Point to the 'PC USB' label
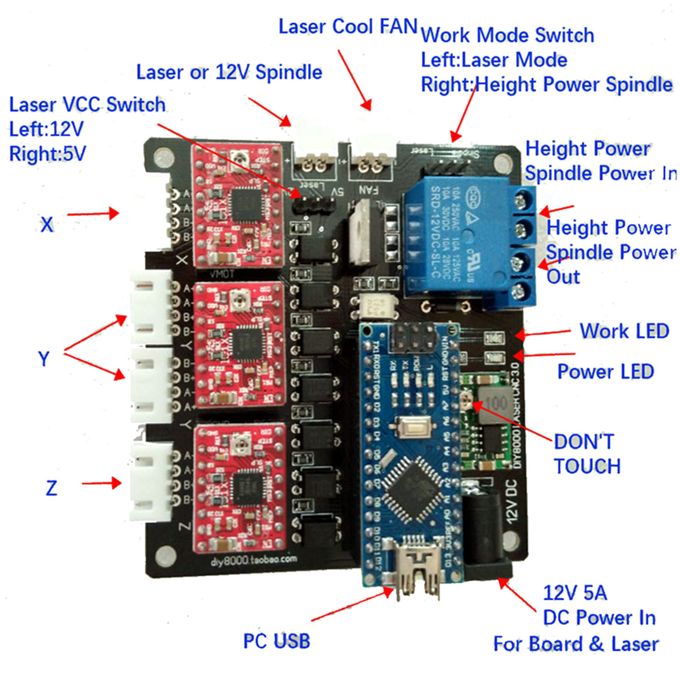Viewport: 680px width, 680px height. [x=277, y=641]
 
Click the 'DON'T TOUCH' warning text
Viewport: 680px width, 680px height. [x=586, y=454]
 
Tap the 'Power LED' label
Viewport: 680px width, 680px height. [x=605, y=372]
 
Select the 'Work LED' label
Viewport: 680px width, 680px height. [x=624, y=331]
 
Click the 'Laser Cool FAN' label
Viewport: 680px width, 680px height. [x=347, y=27]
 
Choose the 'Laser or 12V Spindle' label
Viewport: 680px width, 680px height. [x=229, y=73]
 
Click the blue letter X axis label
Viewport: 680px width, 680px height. [x=47, y=225]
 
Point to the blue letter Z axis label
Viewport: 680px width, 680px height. [x=51, y=488]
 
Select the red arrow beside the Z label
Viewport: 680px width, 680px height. [x=102, y=483]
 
